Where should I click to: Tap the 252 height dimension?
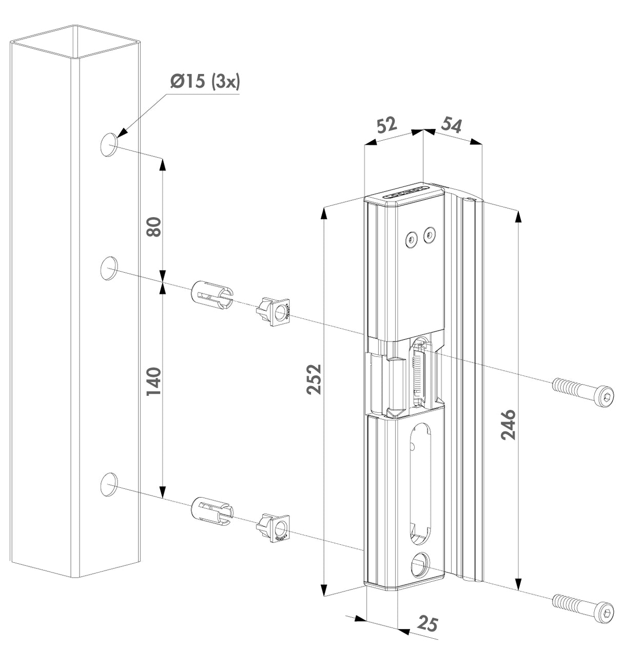pyautogui.click(x=314, y=378)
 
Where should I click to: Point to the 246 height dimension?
pyautogui.click(x=508, y=425)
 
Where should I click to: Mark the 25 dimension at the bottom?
pyautogui.click(x=427, y=624)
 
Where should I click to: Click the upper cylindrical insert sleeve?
pyautogui.click(x=211, y=295)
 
